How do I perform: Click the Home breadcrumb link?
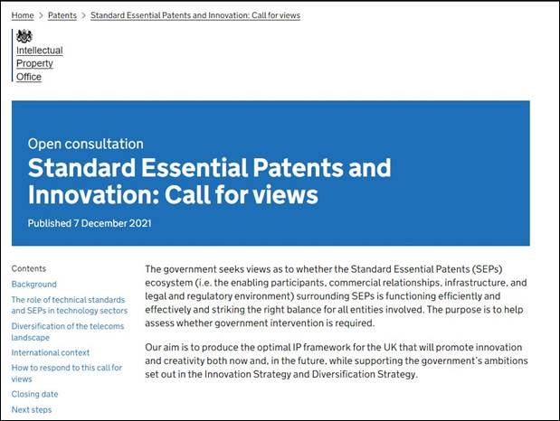coord(23,15)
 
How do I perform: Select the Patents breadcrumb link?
coord(62,15)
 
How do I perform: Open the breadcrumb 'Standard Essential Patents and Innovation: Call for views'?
coord(195,15)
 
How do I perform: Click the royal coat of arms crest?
coord(24,36)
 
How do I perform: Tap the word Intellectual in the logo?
coord(40,51)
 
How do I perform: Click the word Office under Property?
coord(29,77)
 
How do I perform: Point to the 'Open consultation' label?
coord(86,144)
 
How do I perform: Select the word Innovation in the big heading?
coord(93,195)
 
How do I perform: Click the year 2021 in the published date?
coord(140,223)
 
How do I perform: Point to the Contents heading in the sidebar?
coord(29,268)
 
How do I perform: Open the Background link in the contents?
coord(34,285)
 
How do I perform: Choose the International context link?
coord(51,352)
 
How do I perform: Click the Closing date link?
coord(34,394)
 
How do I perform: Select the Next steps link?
coord(32,409)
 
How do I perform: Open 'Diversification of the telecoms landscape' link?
coord(68,332)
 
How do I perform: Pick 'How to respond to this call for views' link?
coord(67,373)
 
